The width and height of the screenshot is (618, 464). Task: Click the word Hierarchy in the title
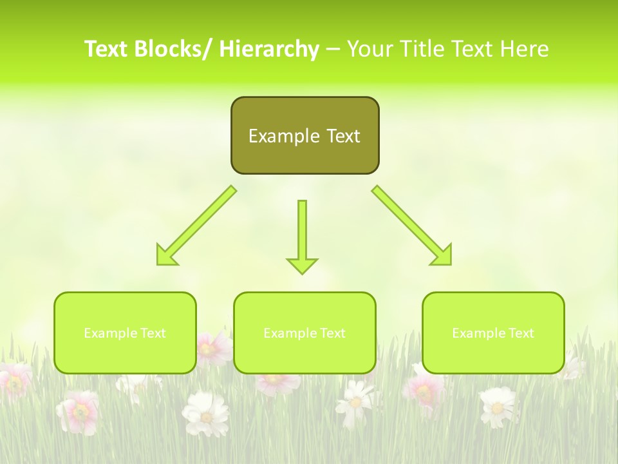[x=269, y=49]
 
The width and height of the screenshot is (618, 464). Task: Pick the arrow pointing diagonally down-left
[x=196, y=226]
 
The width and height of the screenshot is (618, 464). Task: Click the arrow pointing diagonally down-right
[x=412, y=226]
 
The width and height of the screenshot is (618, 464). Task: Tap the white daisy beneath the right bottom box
[x=498, y=405]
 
